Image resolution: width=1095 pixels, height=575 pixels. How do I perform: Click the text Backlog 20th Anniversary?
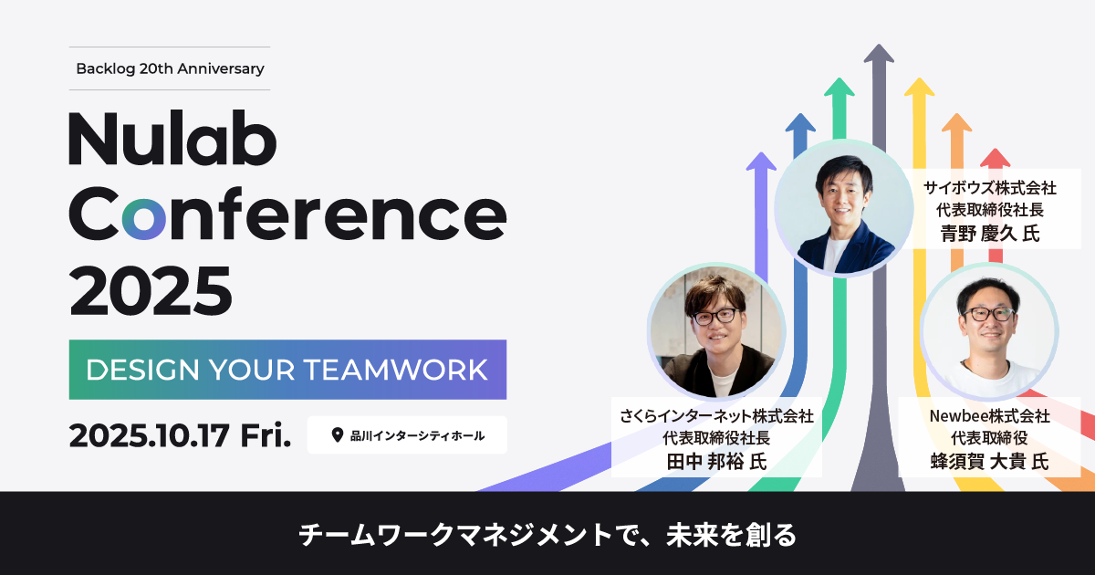point(170,69)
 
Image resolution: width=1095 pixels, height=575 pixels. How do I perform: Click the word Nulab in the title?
point(172,138)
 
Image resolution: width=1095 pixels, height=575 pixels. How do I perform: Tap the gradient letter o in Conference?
point(144,219)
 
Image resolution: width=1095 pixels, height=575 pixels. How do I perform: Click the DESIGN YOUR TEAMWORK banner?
point(287,370)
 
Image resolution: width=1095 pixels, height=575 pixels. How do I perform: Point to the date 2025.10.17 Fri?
point(180,435)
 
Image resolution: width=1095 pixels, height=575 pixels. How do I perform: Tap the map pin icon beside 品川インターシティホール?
point(338,435)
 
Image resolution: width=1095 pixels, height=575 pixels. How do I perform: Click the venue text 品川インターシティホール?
point(418,435)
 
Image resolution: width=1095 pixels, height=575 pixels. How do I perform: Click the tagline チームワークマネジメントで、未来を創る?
point(547,535)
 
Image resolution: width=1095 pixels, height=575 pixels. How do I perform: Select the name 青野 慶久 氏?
point(990,234)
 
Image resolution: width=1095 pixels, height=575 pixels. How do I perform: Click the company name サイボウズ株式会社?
point(990,188)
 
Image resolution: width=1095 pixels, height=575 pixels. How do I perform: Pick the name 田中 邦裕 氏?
point(716,462)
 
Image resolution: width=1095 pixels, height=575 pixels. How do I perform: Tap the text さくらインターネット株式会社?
point(716,416)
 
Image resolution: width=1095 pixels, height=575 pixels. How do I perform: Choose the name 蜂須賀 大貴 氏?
point(990,462)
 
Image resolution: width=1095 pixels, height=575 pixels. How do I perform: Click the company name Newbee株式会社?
point(990,416)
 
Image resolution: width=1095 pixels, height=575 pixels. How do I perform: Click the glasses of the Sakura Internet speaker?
point(715,317)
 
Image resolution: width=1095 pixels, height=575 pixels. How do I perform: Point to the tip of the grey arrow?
point(879,45)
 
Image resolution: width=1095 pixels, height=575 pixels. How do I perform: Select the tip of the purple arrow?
point(761,152)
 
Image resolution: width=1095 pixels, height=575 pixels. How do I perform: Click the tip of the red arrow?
point(996,149)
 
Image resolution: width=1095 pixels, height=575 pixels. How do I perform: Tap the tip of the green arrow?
point(839,78)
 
